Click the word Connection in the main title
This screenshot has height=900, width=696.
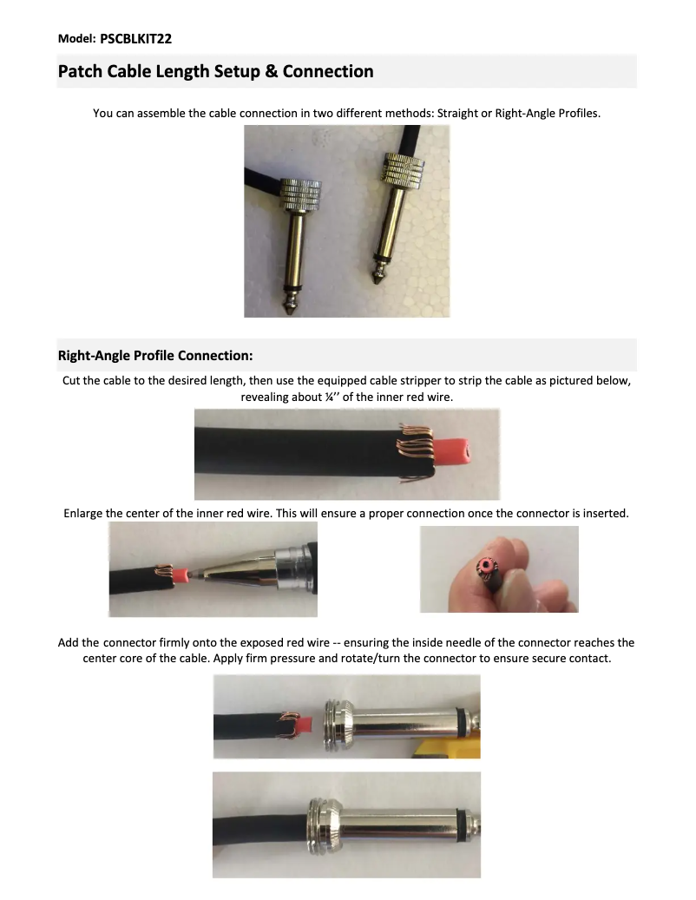[328, 71]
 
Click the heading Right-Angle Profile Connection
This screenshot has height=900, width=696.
[155, 356]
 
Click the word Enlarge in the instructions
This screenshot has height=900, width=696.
[83, 513]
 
